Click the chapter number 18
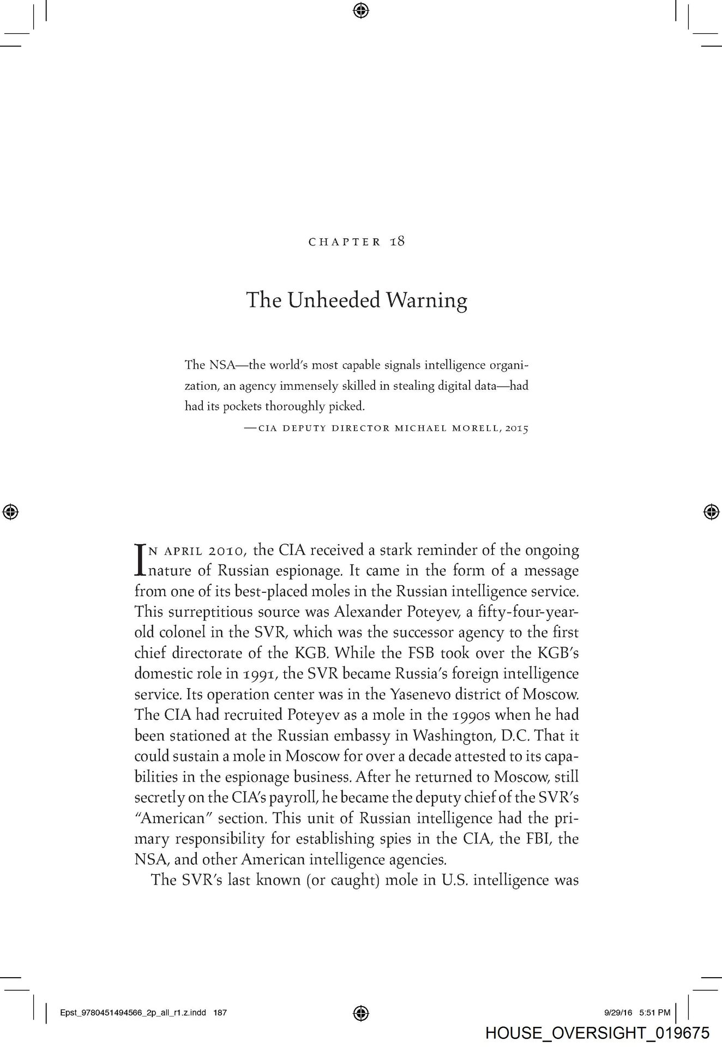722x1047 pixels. point(398,242)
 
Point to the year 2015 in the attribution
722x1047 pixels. point(516,428)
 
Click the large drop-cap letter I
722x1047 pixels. point(140,559)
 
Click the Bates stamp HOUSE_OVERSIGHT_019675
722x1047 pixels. point(597,1032)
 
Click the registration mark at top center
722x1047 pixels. point(361,10)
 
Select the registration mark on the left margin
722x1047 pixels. point(11,512)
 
